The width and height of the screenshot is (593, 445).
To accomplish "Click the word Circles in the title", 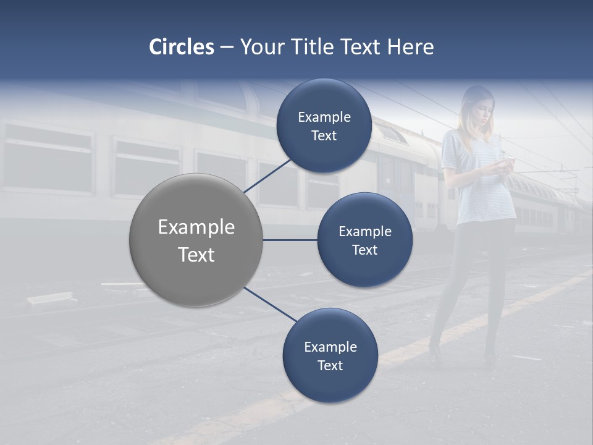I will pyautogui.click(x=182, y=47).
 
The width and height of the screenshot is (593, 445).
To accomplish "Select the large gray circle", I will pyautogui.click(x=196, y=240).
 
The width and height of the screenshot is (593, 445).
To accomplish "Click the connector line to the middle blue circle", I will pyautogui.click(x=290, y=240).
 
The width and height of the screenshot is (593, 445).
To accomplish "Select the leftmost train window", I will pyautogui.click(x=48, y=158).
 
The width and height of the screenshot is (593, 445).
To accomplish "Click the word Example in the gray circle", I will pyautogui.click(x=196, y=227).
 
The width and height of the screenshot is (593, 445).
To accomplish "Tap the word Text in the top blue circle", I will pyautogui.click(x=324, y=136).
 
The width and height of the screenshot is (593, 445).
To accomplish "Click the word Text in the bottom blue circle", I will pyautogui.click(x=330, y=366).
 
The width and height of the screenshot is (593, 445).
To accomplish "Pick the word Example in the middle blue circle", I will pyautogui.click(x=364, y=232).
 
